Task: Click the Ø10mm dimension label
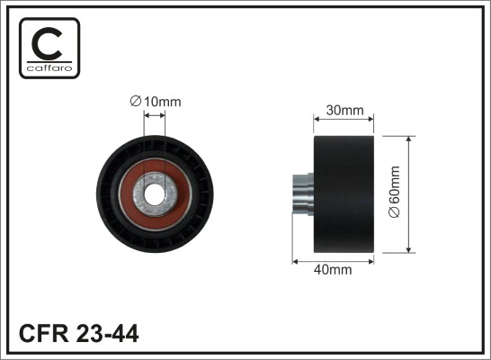155,103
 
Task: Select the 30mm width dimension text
345,111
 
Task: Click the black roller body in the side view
344,193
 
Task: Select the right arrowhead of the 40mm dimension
371,260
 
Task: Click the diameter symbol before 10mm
135,103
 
